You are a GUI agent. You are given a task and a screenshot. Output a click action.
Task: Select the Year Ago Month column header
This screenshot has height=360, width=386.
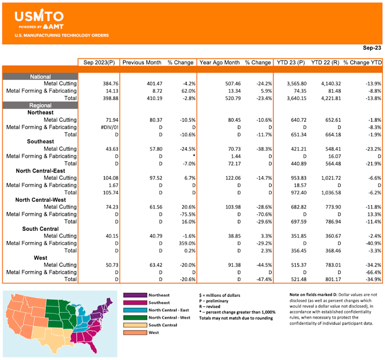click(x=220, y=62)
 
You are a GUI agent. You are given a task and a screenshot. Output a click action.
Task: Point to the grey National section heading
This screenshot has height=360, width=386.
click(x=41, y=77)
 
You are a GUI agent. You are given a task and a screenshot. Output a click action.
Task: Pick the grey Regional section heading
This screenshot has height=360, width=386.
click(x=41, y=105)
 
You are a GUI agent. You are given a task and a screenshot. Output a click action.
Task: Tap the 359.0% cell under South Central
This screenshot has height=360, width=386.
click(x=182, y=243)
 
